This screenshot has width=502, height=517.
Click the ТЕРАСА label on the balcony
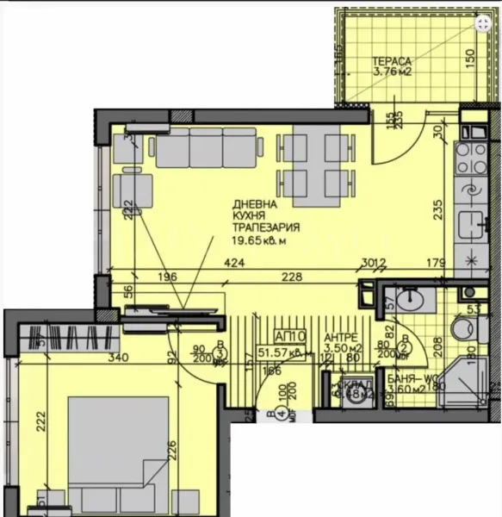392,61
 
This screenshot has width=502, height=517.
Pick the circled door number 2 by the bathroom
388,352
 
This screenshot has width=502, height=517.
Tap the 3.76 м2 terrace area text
394,72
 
